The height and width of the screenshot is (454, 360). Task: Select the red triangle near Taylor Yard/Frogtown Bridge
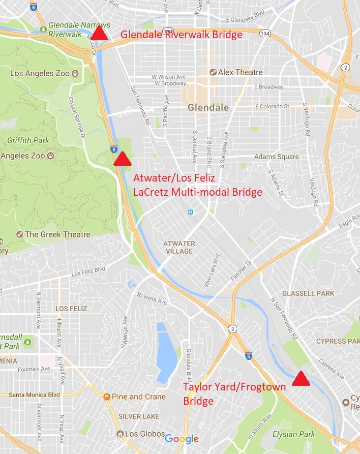click(x=301, y=379)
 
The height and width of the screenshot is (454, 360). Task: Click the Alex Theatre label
click(x=240, y=72)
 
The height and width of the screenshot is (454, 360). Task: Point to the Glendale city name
click(x=208, y=108)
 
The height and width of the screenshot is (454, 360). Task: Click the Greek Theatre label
click(x=57, y=234)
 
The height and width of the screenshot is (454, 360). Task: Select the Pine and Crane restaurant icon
click(x=107, y=397)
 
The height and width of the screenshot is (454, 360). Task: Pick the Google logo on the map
click(x=182, y=439)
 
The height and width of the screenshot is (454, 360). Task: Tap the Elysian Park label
click(x=293, y=434)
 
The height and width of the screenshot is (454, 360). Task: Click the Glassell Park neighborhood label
click(x=308, y=293)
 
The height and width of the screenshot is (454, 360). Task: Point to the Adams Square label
click(x=276, y=157)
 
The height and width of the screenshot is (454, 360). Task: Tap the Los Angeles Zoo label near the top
click(x=40, y=73)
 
